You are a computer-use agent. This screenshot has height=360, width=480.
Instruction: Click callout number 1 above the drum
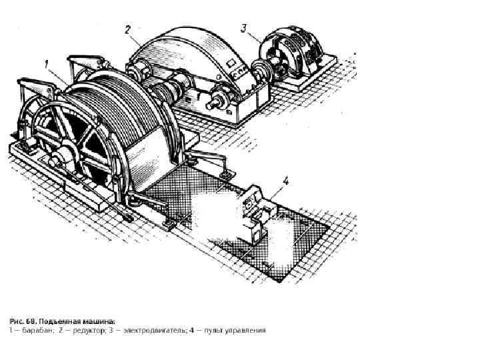pos(47,65)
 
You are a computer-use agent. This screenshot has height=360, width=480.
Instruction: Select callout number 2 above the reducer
pos(127,29)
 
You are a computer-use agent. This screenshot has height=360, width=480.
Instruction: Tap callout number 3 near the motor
pos(244,28)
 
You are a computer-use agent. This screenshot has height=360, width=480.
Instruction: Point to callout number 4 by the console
pos(285,181)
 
